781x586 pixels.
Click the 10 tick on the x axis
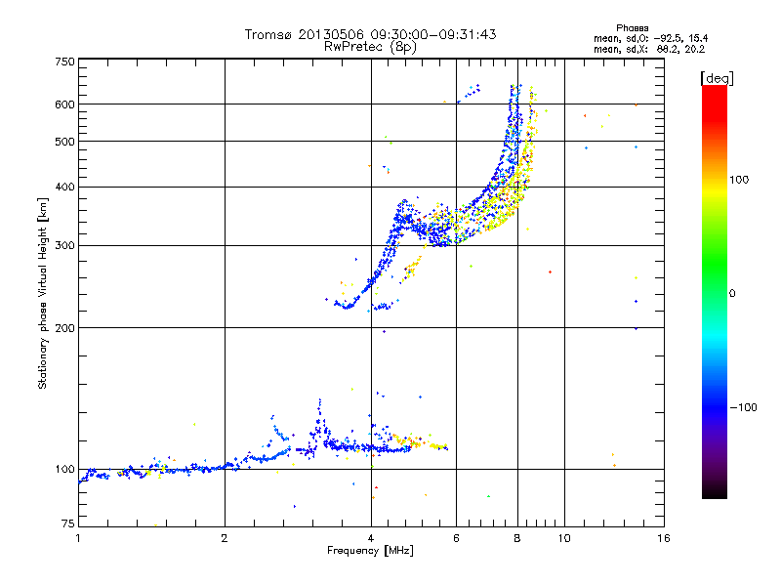pos(563,538)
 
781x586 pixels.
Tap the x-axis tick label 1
pos(78,538)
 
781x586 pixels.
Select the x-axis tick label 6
pos(456,538)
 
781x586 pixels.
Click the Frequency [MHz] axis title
pos(370,552)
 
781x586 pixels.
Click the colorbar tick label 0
pos(734,293)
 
